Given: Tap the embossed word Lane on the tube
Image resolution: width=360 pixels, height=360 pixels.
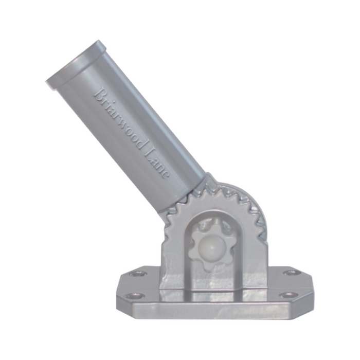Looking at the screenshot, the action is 156,162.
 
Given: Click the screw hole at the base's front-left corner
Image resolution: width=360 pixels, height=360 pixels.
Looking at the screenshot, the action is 135,296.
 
